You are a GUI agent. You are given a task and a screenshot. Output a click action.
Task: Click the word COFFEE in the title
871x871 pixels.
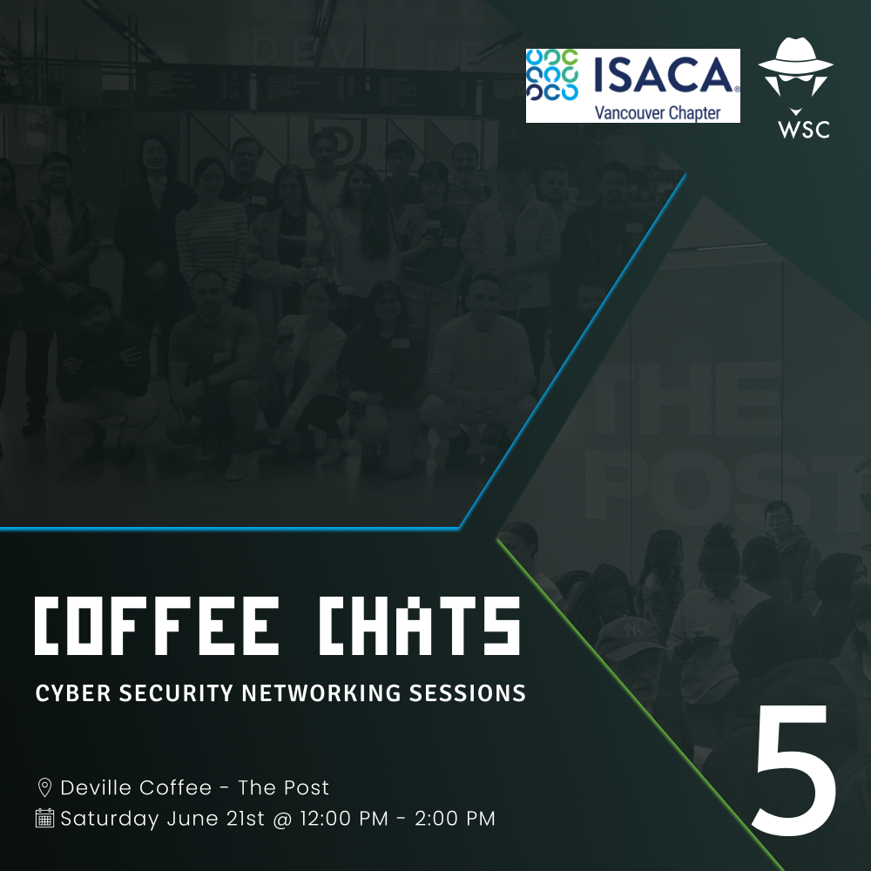pos(157,626)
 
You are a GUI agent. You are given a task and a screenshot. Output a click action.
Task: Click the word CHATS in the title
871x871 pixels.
pos(420,626)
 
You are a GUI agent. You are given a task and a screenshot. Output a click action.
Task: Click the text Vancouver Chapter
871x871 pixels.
pos(658,112)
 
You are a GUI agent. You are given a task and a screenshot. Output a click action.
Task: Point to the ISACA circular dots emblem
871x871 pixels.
pos(553,75)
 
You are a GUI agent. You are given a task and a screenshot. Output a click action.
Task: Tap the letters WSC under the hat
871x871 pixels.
pos(804,129)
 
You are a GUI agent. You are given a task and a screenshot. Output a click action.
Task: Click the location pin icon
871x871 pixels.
pos(44,787)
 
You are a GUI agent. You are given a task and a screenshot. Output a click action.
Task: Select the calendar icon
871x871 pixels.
pos(44,818)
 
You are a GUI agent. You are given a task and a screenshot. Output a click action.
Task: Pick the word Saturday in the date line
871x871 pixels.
pos(110,819)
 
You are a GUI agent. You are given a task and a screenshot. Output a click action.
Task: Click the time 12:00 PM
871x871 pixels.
pos(344,818)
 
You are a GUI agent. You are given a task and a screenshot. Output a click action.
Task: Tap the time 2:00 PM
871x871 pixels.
pos(455,818)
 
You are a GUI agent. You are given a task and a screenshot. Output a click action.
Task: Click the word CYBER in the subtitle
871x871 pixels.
pos(73,693)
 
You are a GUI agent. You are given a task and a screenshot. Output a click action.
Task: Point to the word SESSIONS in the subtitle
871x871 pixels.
pos(467,693)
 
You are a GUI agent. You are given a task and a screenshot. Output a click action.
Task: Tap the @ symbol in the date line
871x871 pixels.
pos(282,819)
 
